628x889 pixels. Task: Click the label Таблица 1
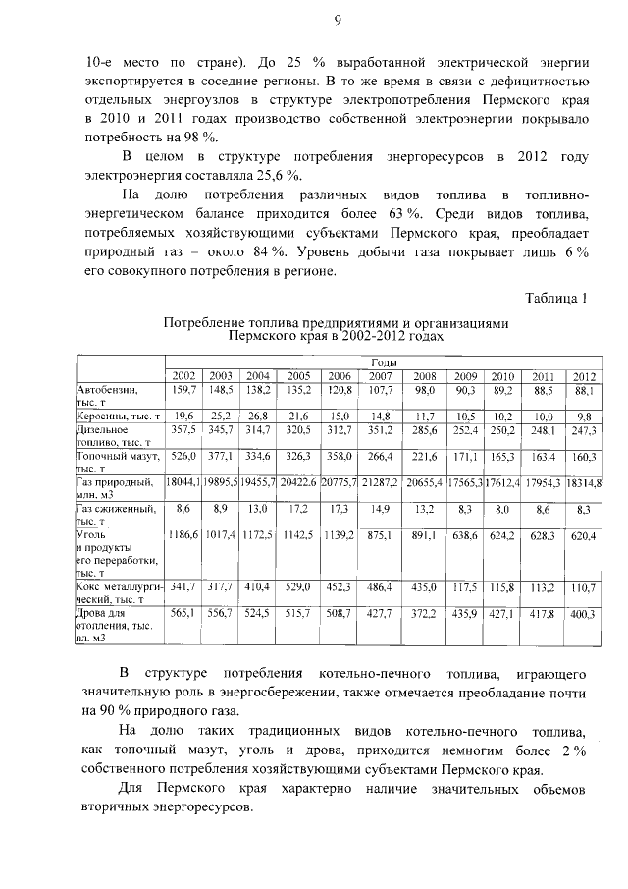555,299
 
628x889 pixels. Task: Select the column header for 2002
184,377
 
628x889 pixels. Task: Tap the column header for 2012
585,377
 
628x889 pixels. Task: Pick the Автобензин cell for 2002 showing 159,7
184,391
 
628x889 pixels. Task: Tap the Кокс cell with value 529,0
298,586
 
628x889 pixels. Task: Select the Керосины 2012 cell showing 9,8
585,417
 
